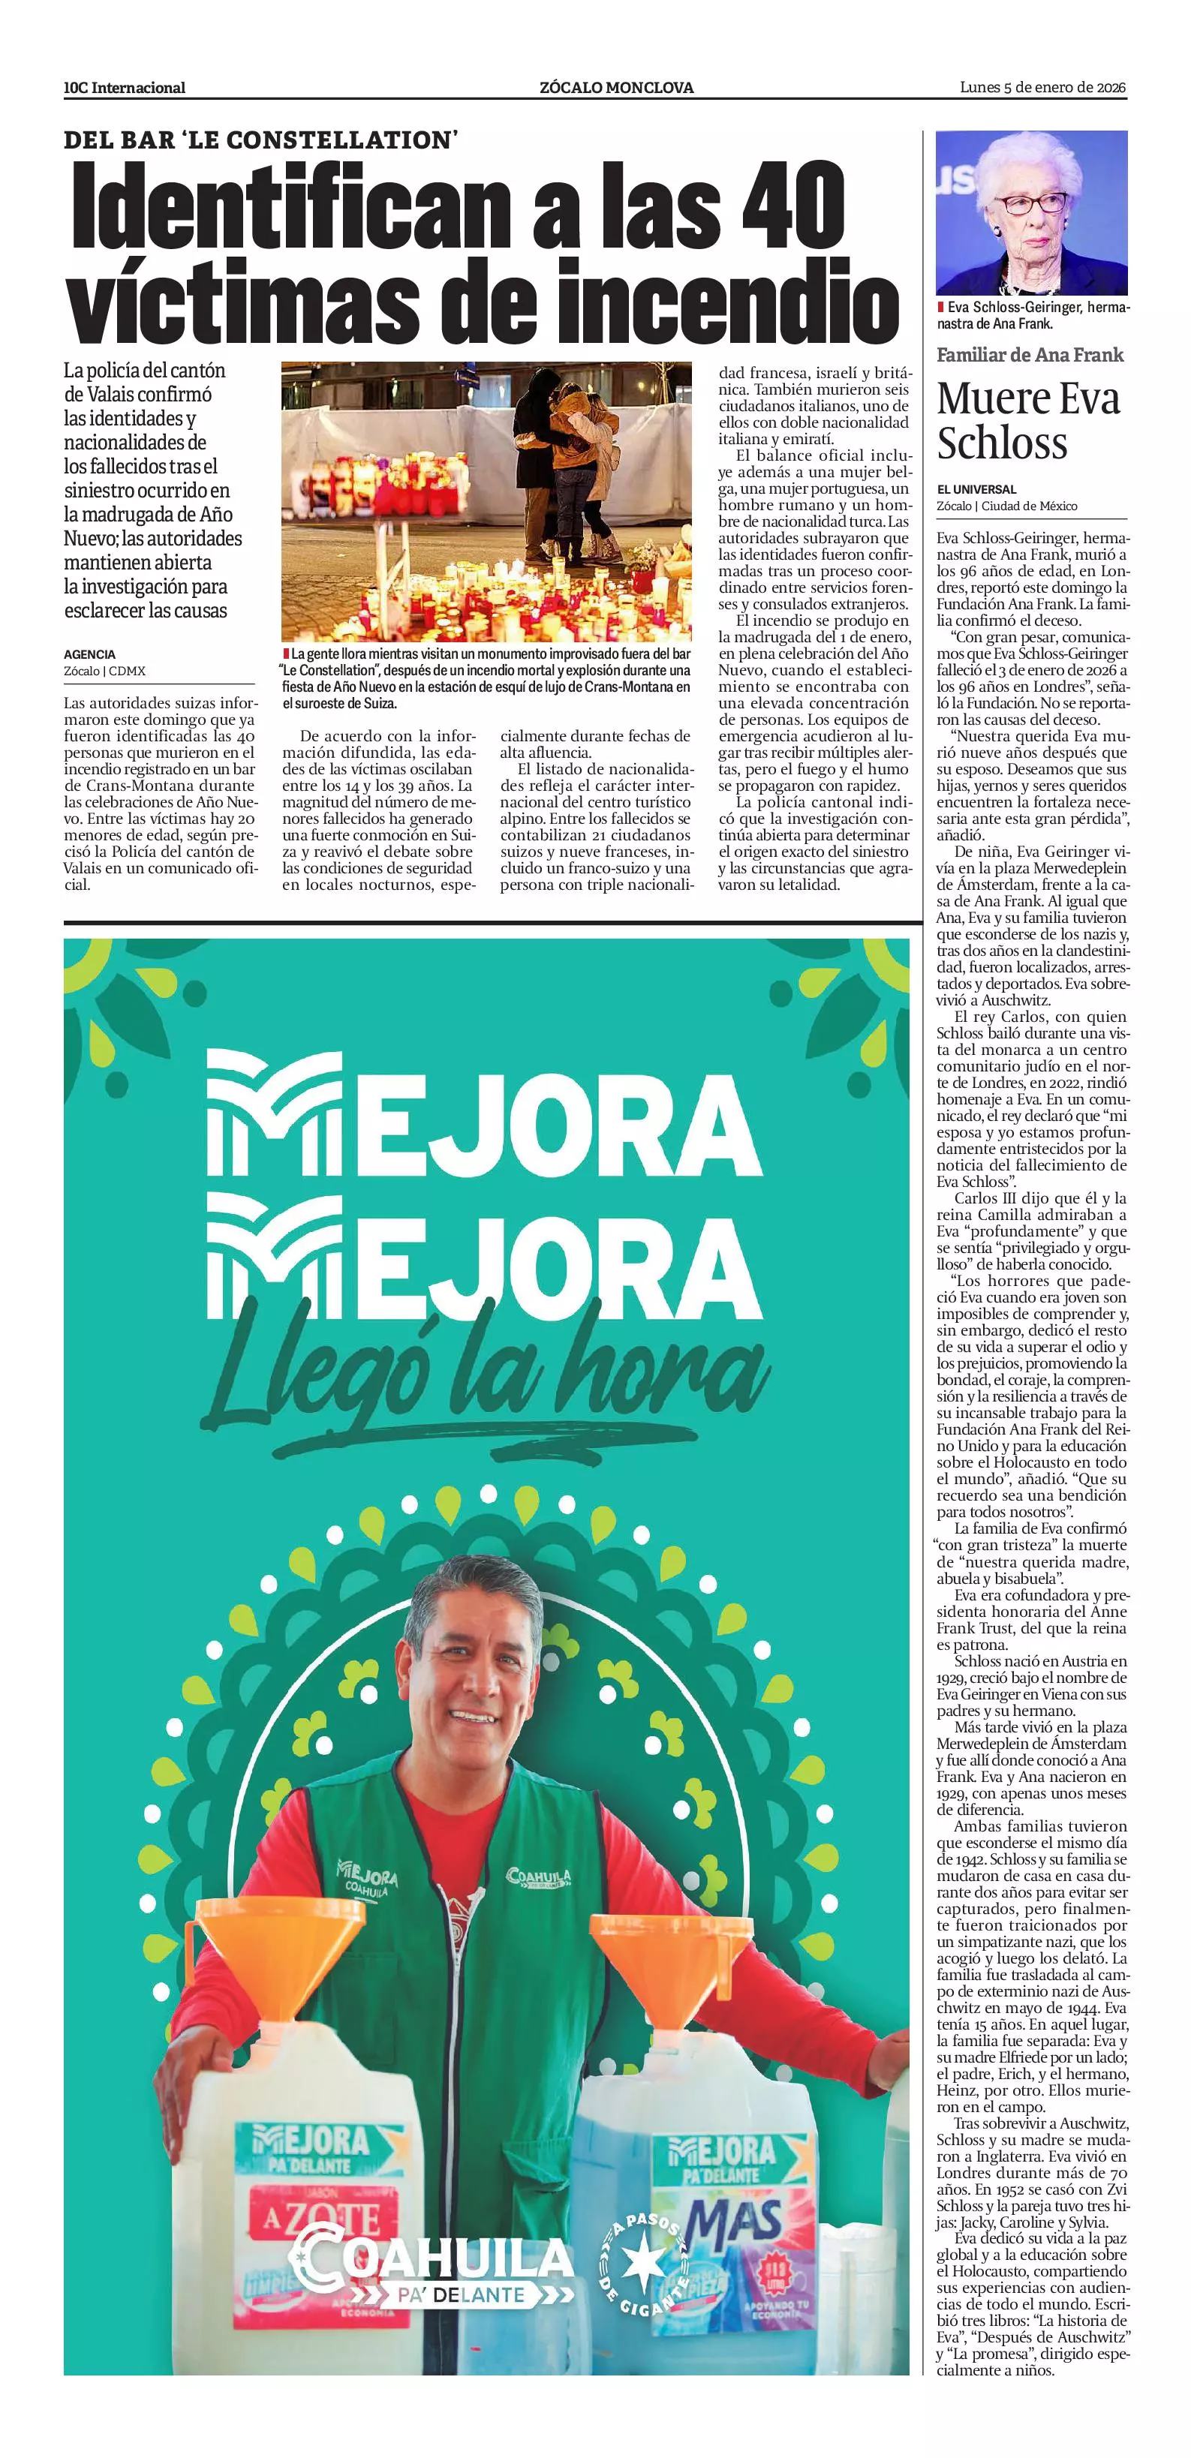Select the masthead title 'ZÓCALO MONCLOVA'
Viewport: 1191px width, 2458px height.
pyautogui.click(x=615, y=88)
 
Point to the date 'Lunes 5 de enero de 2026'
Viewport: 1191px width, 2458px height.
pyautogui.click(x=1042, y=88)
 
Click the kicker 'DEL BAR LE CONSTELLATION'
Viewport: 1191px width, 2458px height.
pyautogui.click(x=261, y=140)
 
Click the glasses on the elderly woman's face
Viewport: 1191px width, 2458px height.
pyautogui.click(x=1030, y=203)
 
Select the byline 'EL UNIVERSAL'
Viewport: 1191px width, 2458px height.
pyautogui.click(x=976, y=489)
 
